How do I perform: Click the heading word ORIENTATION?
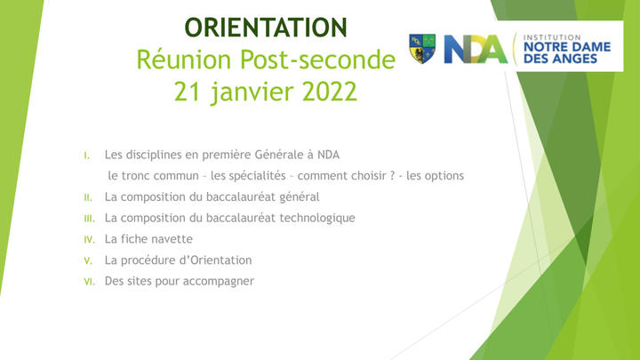tap(266, 28)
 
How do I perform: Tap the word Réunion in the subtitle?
tap(184, 60)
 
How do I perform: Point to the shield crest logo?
tap(422, 49)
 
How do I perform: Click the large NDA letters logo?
tap(476, 50)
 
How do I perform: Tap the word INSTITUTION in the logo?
tap(552, 37)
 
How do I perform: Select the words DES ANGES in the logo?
tap(560, 59)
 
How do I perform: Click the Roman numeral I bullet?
tap(86, 156)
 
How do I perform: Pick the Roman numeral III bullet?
tap(90, 219)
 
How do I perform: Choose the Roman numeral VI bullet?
tap(90, 282)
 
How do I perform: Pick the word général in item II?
tap(300, 197)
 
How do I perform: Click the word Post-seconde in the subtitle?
tap(317, 60)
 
